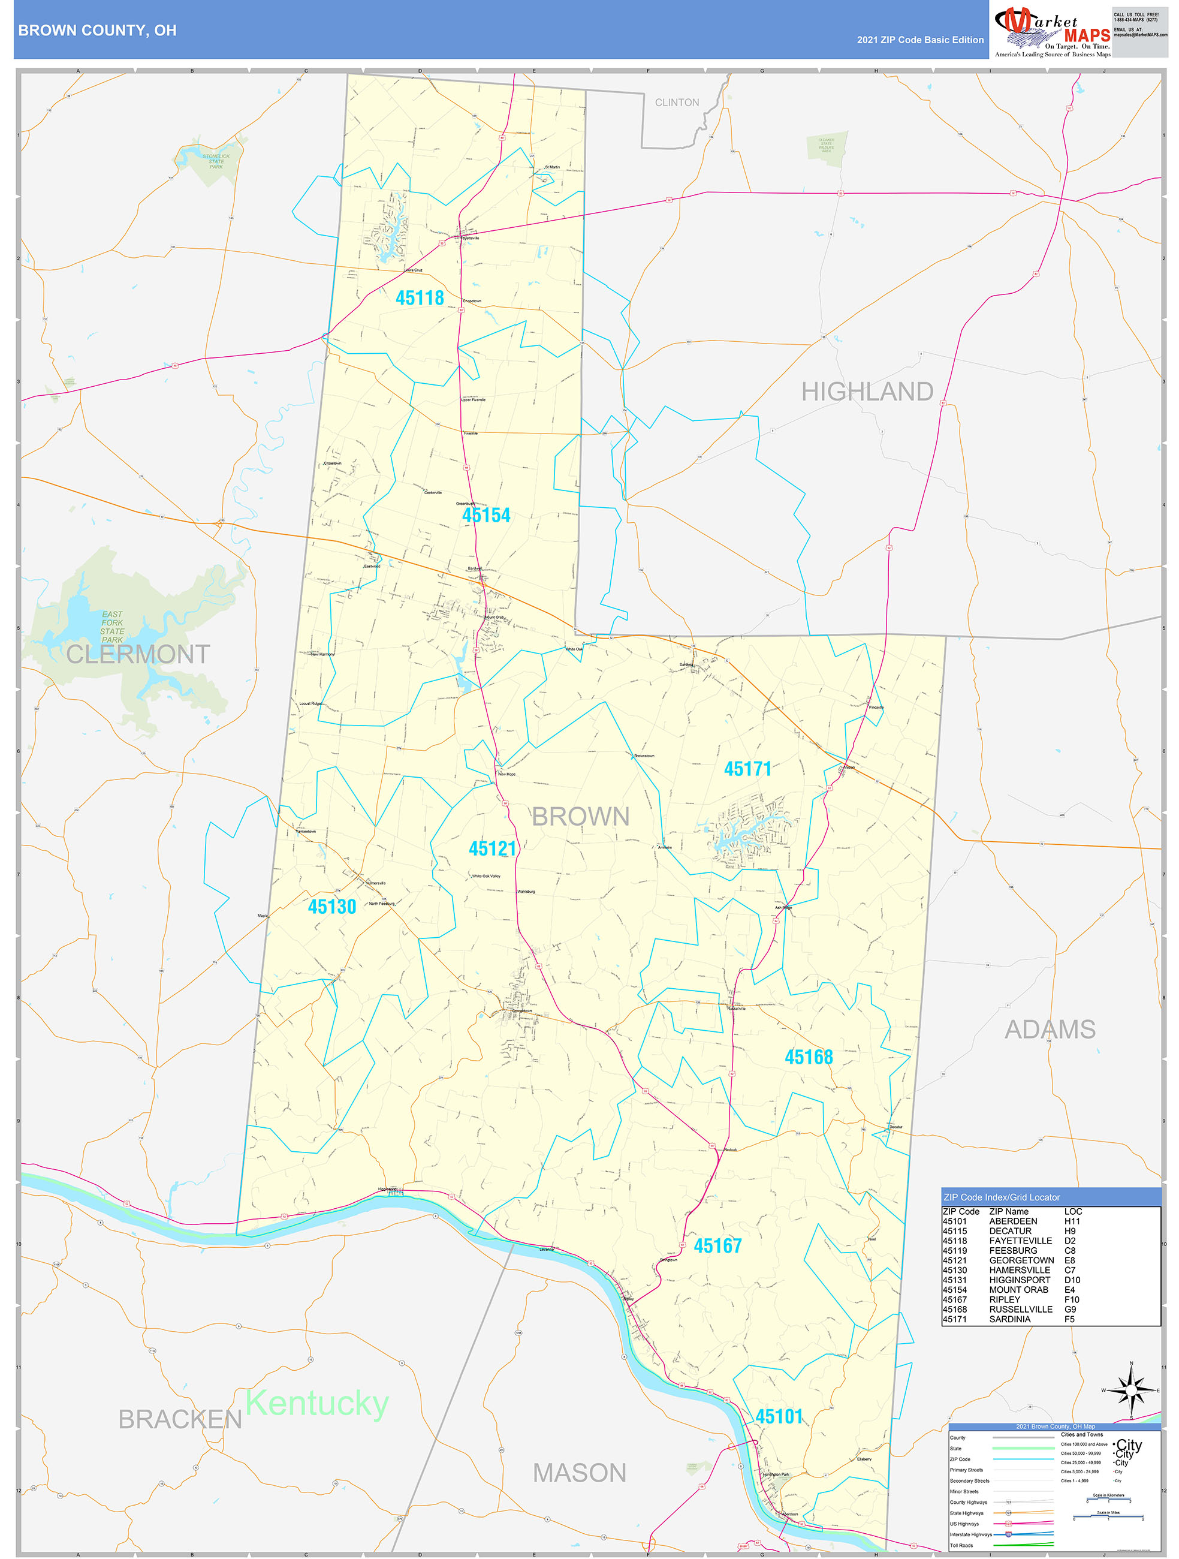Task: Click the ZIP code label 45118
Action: tap(420, 298)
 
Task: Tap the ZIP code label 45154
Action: tap(486, 515)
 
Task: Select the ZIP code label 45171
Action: tap(747, 769)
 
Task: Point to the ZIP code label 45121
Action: tap(492, 848)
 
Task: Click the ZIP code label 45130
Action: tap(331, 907)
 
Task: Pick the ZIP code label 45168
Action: tap(809, 1057)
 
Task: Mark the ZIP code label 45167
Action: tap(717, 1246)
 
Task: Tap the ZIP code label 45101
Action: tap(779, 1417)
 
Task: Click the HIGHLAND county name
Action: tap(867, 392)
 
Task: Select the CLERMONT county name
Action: tap(138, 655)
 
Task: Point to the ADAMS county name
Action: tap(1050, 1030)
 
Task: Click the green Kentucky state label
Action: tap(316, 1403)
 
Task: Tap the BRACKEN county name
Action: tap(180, 1419)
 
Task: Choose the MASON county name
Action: tap(578, 1473)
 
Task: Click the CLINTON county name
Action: tap(677, 103)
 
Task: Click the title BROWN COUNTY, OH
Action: tap(97, 31)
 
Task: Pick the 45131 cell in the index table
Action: tap(955, 1280)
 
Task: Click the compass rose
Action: tap(1130, 1390)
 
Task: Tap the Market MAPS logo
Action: tap(1051, 31)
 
